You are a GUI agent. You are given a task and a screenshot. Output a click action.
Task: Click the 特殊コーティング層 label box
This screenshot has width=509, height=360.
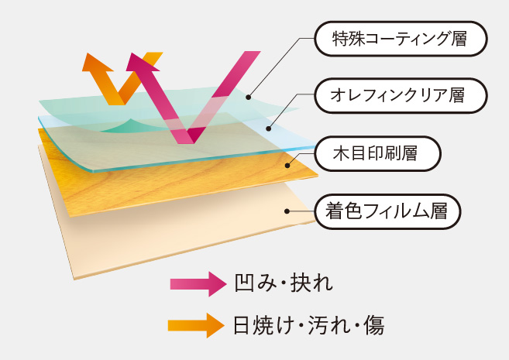(x=401, y=39)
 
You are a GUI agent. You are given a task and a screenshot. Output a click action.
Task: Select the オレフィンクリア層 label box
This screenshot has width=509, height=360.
(x=401, y=96)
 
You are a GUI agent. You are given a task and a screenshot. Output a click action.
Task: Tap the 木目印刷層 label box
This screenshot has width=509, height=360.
(x=377, y=153)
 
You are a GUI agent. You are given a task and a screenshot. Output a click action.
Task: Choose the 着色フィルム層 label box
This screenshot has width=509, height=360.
(x=387, y=211)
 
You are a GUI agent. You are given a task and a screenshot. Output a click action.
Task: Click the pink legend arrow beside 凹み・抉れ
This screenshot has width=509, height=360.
(x=198, y=284)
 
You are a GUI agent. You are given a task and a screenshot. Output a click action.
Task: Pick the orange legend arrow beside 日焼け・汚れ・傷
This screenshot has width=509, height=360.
(x=196, y=325)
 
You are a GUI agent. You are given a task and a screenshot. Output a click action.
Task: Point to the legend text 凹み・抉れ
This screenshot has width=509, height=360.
(x=284, y=283)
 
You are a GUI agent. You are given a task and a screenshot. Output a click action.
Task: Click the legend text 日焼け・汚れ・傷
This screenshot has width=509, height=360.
(x=309, y=325)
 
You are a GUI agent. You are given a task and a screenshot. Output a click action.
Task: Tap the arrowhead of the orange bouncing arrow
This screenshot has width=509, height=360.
(x=97, y=63)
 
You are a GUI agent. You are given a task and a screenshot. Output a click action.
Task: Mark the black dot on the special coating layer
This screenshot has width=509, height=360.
(x=249, y=97)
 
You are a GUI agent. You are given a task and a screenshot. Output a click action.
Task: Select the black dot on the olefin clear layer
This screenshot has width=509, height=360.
(x=268, y=129)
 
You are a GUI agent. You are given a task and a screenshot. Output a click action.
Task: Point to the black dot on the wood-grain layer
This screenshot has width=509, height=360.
(x=287, y=166)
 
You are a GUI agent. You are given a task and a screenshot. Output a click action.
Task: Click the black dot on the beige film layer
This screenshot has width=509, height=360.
(x=287, y=211)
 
